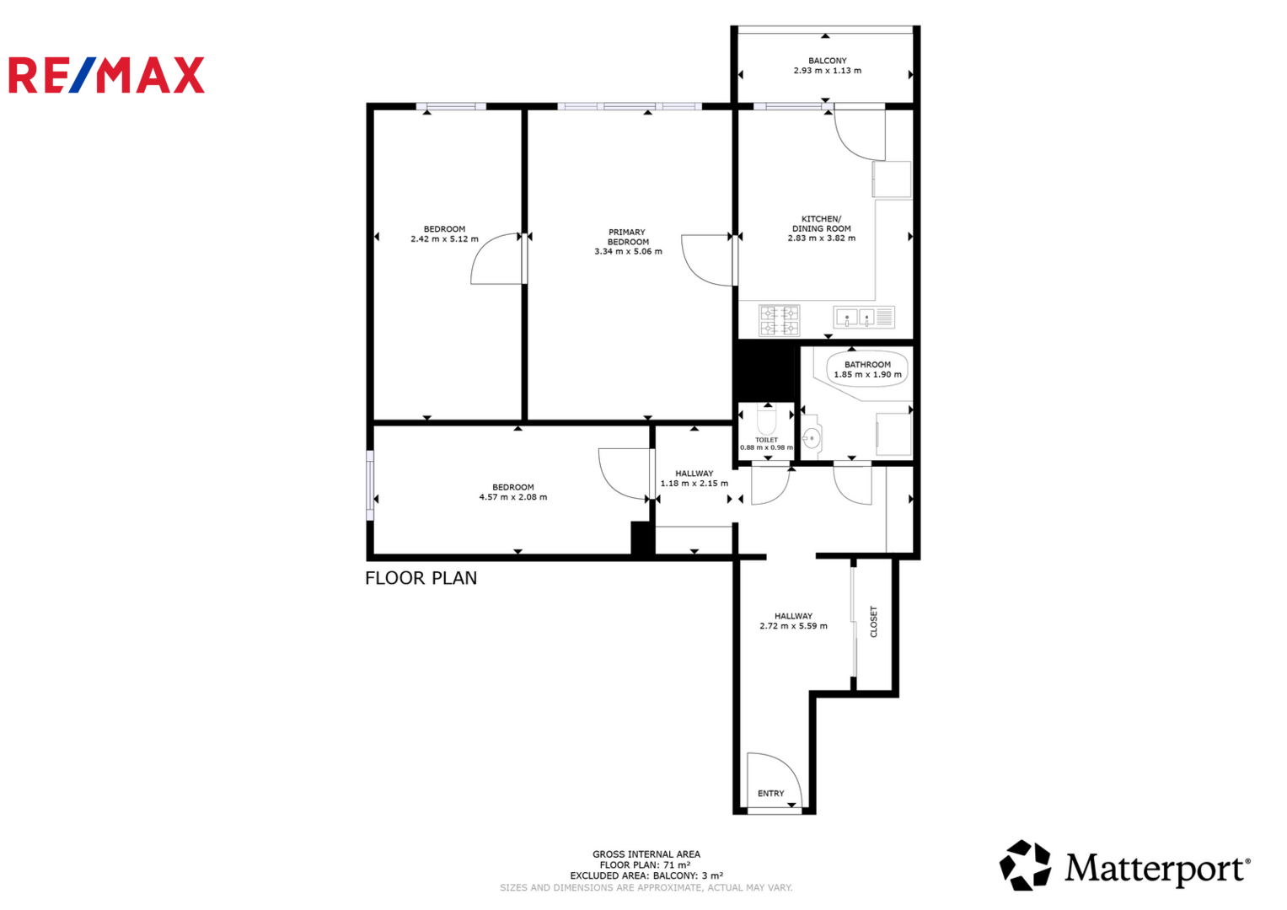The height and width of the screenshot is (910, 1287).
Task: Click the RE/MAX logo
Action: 106,75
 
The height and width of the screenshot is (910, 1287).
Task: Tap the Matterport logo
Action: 1124,865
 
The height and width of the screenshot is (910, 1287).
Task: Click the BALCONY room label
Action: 828,61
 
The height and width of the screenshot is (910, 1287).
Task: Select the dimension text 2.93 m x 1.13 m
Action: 828,71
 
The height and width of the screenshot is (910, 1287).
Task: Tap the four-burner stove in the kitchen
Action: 779,320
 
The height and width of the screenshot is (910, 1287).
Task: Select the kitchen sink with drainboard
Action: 864,317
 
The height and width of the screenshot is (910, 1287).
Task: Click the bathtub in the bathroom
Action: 867,369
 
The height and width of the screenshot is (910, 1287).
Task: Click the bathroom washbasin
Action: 812,438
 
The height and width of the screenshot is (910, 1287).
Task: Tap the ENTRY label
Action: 770,794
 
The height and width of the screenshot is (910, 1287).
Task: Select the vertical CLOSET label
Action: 874,622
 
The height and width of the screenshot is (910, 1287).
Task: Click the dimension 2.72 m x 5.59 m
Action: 793,626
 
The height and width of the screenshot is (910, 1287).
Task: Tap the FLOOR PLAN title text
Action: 421,578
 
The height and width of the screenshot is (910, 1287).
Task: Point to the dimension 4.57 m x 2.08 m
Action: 513,497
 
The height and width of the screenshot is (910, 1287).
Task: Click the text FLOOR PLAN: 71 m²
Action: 646,865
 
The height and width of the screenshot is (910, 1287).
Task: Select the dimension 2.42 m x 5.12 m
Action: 444,239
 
